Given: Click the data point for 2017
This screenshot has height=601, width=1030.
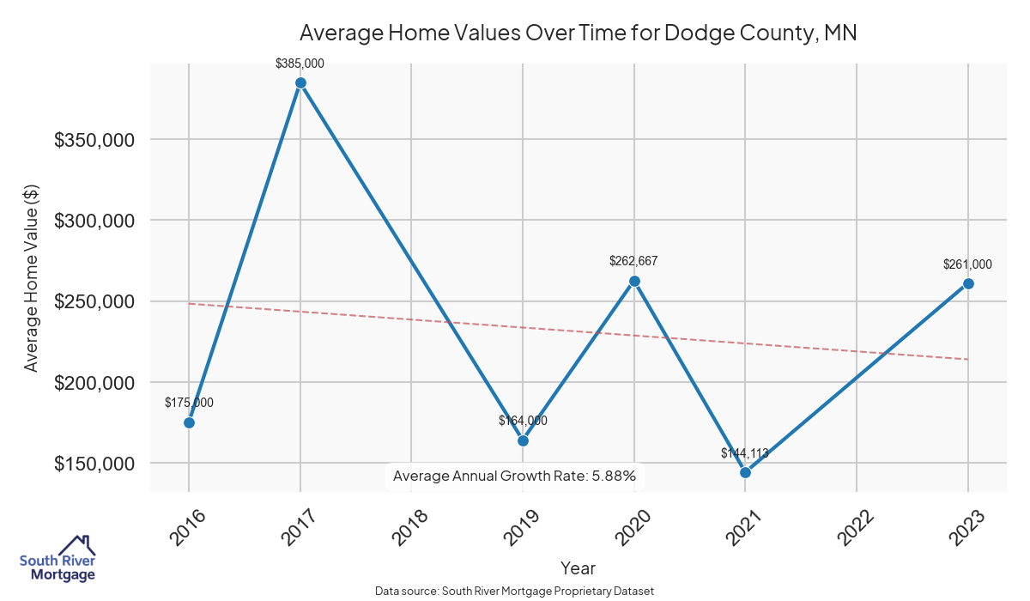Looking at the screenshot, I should tap(300, 82).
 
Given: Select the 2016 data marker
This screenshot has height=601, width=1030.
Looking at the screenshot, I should tap(189, 422).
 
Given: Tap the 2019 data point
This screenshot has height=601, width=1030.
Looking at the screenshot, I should tap(523, 440).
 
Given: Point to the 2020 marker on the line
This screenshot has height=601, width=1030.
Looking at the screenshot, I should tap(634, 281).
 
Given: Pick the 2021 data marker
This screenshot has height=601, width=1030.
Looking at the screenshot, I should tap(745, 472).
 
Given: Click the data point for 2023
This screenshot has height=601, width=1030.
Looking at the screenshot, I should tap(968, 283).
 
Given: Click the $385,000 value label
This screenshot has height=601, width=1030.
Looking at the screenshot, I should tap(300, 64).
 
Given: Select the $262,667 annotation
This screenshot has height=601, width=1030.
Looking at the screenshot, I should tap(633, 261).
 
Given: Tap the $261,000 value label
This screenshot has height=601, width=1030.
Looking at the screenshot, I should tap(967, 264).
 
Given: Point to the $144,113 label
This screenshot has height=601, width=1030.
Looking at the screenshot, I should tap(745, 453).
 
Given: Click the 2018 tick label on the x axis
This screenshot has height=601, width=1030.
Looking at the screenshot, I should tap(409, 526).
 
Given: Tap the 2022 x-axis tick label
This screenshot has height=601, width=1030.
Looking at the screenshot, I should tap(856, 526).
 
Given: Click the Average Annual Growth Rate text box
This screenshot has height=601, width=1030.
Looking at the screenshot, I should tap(514, 475).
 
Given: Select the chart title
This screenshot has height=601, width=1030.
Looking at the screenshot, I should tap(578, 33).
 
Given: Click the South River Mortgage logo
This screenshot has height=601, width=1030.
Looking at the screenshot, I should tap(58, 559).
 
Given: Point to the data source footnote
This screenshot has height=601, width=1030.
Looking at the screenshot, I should tap(514, 592).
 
